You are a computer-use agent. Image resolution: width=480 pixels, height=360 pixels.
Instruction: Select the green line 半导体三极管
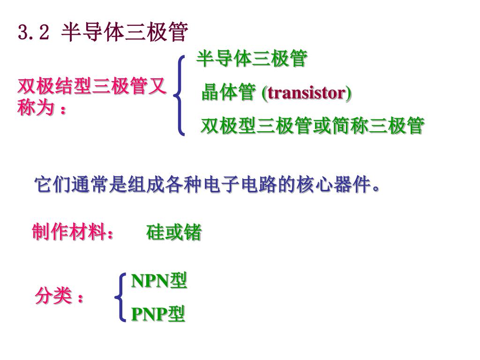pos(251,59)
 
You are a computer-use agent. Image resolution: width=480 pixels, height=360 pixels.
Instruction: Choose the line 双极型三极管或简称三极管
pos(312,126)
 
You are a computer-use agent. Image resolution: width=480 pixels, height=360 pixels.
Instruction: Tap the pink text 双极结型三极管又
pos(92,87)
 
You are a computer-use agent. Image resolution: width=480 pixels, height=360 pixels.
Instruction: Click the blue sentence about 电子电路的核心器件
pos(206,186)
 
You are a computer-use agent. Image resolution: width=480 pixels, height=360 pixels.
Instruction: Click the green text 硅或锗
pos(174,232)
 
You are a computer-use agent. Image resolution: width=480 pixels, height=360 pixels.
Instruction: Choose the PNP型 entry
pos(158,314)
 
